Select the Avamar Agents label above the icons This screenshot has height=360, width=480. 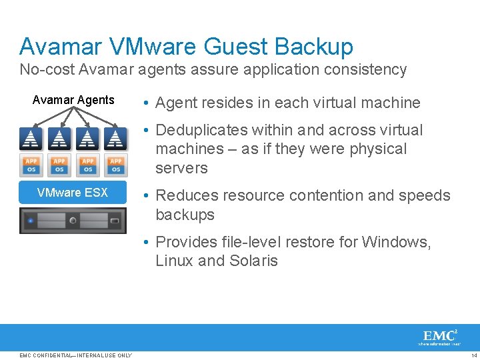coord(73,100)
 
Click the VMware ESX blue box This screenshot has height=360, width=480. coord(73,193)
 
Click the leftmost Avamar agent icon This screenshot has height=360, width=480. coord(31,139)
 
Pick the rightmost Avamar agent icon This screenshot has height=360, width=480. coord(116,139)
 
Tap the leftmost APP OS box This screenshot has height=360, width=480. coord(31,164)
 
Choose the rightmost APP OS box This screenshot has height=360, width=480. coord(116,164)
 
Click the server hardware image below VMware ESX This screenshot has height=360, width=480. coord(73,221)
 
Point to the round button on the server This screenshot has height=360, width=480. coord(73,221)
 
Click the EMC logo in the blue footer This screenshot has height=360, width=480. coord(440,336)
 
